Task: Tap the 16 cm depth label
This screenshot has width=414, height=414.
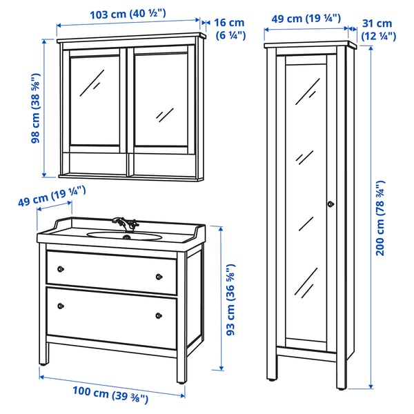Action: (230, 29)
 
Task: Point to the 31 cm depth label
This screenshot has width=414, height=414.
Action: (377, 29)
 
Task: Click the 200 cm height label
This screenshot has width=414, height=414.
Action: (379, 217)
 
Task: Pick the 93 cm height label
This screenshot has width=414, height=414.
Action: (231, 298)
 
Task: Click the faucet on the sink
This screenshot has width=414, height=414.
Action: (126, 222)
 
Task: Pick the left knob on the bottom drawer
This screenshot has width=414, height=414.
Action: (60, 304)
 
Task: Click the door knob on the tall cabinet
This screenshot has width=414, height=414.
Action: (330, 204)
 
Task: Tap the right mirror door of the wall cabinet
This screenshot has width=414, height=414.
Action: (163, 100)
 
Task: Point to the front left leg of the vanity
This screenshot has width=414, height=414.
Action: (44, 353)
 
